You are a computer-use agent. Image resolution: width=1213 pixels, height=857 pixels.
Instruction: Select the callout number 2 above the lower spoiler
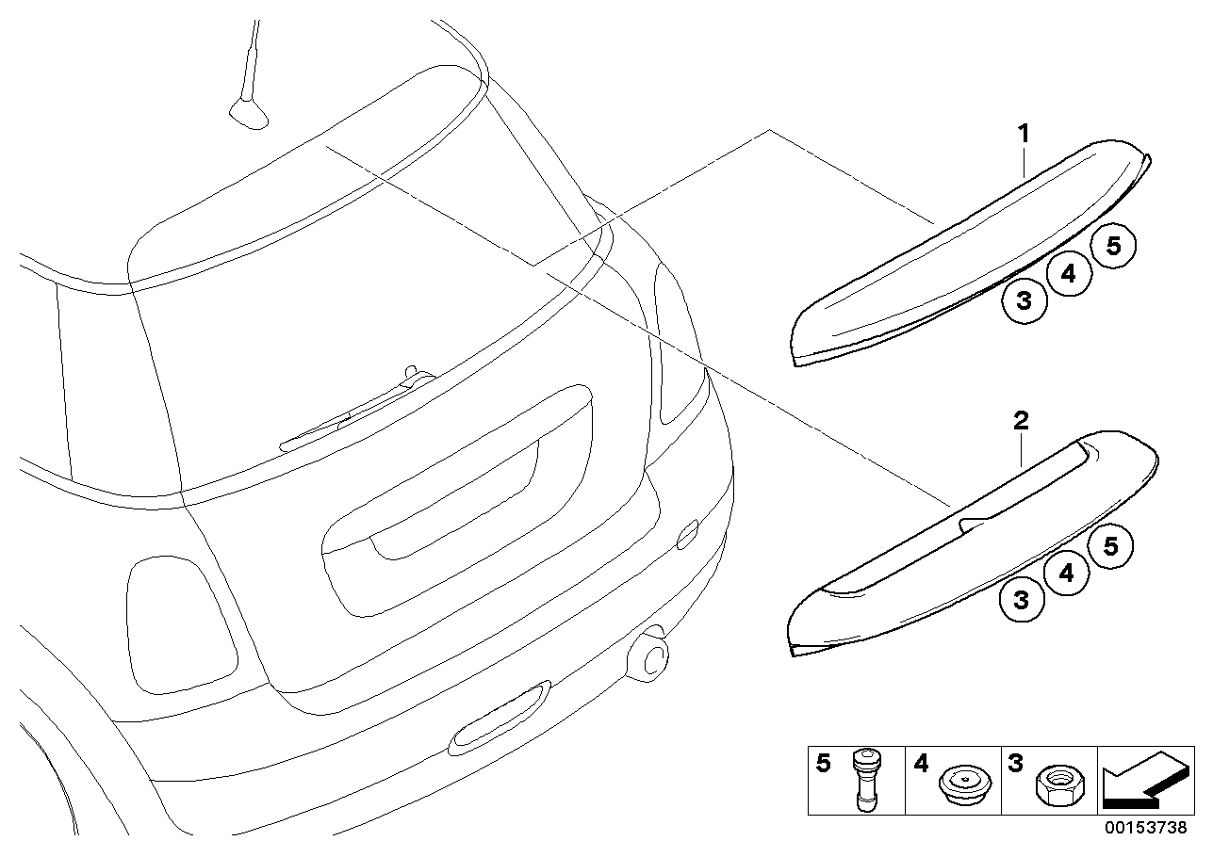[1022, 421]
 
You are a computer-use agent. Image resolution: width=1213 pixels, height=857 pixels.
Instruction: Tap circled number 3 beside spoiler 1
[1024, 300]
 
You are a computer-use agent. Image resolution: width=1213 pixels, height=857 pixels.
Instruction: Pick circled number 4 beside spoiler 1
[1068, 274]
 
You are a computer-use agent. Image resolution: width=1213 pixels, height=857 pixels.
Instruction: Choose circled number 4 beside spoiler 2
[1066, 573]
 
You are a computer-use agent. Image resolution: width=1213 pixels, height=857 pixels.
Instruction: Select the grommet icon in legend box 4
[960, 784]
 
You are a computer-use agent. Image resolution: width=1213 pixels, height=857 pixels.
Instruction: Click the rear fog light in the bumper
[500, 718]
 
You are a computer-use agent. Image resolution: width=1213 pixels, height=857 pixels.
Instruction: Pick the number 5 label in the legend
[823, 764]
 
